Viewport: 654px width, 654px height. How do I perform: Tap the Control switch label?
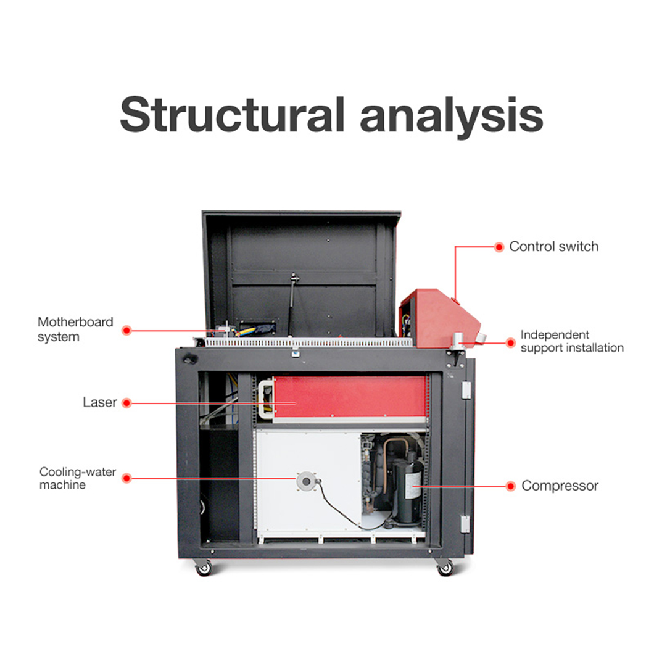pos(553,247)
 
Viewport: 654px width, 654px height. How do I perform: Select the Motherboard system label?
pos(75,329)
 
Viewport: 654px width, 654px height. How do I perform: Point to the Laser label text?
pos(100,403)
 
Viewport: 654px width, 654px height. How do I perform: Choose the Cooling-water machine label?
pos(78,479)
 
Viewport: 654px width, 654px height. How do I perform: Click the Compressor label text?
pos(560,486)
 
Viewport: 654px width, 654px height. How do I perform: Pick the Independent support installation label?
pos(571,342)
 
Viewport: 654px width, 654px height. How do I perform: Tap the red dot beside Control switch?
pos(499,247)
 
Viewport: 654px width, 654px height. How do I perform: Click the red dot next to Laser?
pos(126,403)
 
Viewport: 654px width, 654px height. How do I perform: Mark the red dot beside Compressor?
pos(510,486)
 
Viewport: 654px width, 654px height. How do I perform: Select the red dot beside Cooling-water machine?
pos(126,478)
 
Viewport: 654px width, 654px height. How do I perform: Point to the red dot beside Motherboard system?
pos(126,331)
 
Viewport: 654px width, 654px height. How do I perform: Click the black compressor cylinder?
pos(408,490)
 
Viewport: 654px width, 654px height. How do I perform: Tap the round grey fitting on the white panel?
pos(306,482)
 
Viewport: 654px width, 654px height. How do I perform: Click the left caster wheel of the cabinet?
pos(203,569)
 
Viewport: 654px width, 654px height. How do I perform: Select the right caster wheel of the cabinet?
pos(445,569)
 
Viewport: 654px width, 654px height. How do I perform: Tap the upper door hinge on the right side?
pos(466,389)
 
